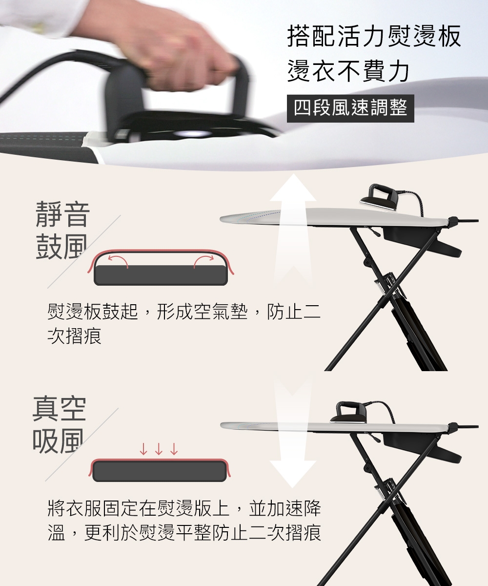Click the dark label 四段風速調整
click(x=350, y=108)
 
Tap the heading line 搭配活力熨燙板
click(x=374, y=36)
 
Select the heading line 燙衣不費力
click(x=348, y=71)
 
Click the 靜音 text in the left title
click(x=63, y=214)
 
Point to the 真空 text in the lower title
click(x=59, y=409)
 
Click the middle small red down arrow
click(x=159, y=449)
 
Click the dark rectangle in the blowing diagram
click(x=161, y=275)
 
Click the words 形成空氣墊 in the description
click(x=203, y=312)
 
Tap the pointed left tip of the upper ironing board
click(x=221, y=219)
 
